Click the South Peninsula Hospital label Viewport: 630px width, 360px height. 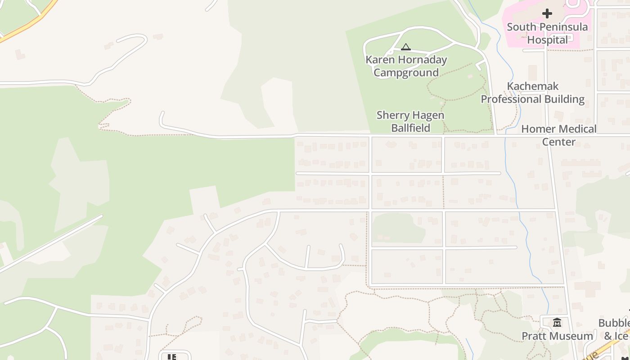pos(547,33)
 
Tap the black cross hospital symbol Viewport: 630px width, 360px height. pos(547,13)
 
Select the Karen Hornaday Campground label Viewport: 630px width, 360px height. pos(406,66)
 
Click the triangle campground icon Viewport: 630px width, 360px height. pos(406,47)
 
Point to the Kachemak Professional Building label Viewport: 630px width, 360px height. pos(533,93)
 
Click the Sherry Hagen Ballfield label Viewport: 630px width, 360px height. pos(410,121)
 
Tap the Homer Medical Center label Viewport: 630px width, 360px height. pos(558,135)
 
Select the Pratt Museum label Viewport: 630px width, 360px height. pos(557,336)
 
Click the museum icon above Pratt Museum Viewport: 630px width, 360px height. pos(557,323)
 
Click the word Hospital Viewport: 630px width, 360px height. pos(547,40)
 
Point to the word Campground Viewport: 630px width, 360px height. pos(406,73)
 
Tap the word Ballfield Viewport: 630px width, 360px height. pos(410,128)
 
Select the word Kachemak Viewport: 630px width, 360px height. pos(533,86)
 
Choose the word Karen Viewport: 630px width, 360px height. pos(381,60)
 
